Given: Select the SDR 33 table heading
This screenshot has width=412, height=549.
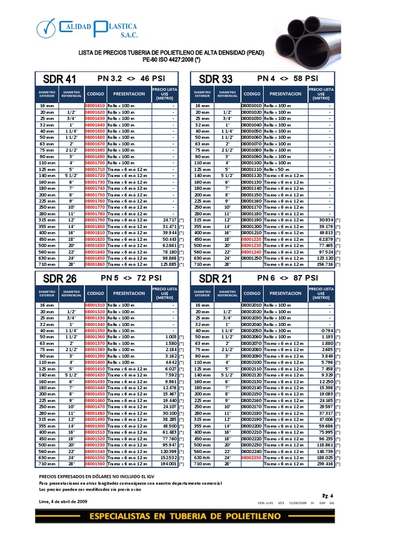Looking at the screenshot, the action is pyautogui.click(x=216, y=79).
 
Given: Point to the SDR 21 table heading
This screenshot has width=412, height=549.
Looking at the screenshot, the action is pyautogui.click(x=216, y=279).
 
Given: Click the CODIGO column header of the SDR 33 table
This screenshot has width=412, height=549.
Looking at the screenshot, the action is pyautogui.click(x=252, y=94).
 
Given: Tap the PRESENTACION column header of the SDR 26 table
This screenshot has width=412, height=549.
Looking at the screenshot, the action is pyautogui.click(x=129, y=293).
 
